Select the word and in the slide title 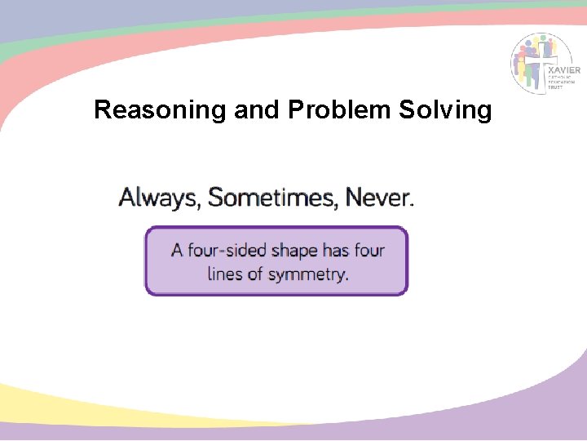(x=256, y=109)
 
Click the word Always (x=159, y=198)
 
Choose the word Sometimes (x=273, y=198)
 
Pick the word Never (x=378, y=198)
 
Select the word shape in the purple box (x=294, y=251)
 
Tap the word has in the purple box (x=336, y=250)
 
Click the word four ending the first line (x=369, y=250)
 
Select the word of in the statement (x=258, y=274)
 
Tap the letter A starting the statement (x=177, y=250)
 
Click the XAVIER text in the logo (x=564, y=71)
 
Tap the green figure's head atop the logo (x=541, y=38)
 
